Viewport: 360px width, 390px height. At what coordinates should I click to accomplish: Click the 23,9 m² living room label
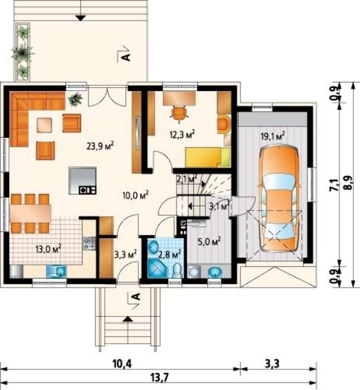pyautogui.click(x=100, y=146)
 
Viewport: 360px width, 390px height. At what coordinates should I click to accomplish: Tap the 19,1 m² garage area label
pyautogui.click(x=273, y=136)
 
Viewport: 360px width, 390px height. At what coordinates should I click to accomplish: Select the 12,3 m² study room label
pyautogui.click(x=182, y=135)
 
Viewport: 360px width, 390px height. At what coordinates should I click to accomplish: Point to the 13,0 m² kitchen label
pyautogui.click(x=48, y=248)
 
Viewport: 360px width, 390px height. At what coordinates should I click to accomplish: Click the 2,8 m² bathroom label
pyautogui.click(x=169, y=255)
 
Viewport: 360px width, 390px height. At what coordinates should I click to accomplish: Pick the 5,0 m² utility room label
pyautogui.click(x=209, y=241)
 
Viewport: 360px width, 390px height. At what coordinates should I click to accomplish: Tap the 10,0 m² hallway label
pyautogui.click(x=135, y=195)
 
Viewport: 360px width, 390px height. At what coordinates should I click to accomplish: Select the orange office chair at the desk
pyautogui.click(x=179, y=114)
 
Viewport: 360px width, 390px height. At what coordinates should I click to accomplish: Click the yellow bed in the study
pyautogui.click(x=207, y=157)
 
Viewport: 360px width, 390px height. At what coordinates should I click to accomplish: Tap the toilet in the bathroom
pyautogui.click(x=177, y=270)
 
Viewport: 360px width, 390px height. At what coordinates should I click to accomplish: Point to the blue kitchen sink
pyautogui.click(x=56, y=271)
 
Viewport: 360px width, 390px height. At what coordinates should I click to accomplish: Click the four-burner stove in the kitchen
pyautogui.click(x=89, y=243)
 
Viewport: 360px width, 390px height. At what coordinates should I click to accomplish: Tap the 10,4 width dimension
pyautogui.click(x=122, y=364)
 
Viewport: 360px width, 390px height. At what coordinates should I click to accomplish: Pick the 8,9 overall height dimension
pyautogui.click(x=348, y=183)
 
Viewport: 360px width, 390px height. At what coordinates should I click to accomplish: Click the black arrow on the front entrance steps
pyautogui.click(x=128, y=319)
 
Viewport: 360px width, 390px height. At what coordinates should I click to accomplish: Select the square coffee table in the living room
pyautogui.click(x=45, y=125)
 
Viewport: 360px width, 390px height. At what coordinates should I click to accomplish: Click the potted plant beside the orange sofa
pyautogui.click(x=75, y=99)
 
